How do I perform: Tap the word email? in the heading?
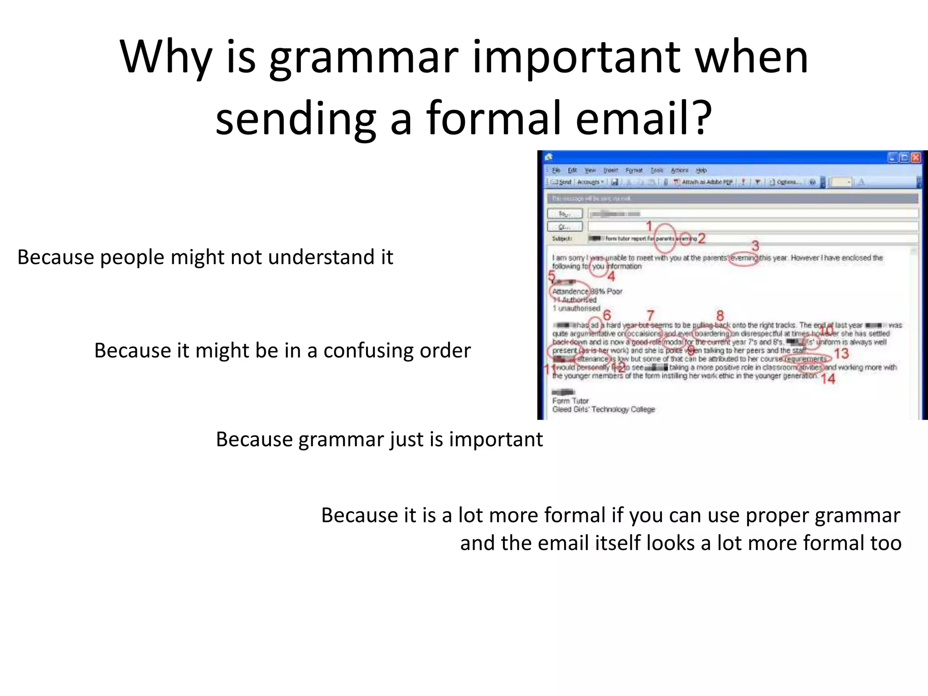point(643,119)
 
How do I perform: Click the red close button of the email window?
point(916,157)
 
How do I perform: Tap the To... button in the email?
point(565,213)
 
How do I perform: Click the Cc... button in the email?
point(565,226)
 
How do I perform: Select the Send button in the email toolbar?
point(562,182)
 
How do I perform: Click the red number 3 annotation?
point(755,246)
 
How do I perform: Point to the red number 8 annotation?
point(720,315)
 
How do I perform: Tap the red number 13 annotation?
point(841,353)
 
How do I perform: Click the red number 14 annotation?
point(828,379)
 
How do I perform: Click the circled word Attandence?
point(570,291)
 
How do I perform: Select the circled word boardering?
point(712,333)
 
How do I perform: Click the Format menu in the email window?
point(634,170)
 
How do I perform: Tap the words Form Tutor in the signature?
point(570,401)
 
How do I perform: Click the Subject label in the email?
point(562,238)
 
